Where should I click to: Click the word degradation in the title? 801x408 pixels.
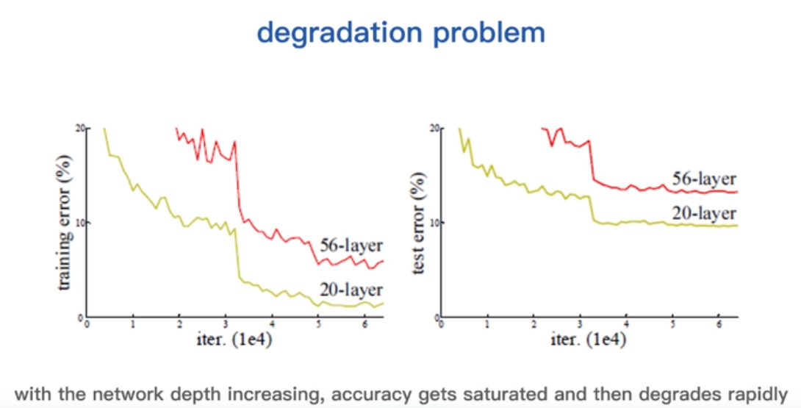tap(344, 33)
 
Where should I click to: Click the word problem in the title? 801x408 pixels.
tap(492, 33)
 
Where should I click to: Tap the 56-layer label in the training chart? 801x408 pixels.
tap(351, 244)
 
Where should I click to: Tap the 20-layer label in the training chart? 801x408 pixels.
tap(351, 288)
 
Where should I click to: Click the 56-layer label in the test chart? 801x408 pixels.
tap(704, 178)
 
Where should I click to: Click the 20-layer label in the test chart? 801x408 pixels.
tap(704, 213)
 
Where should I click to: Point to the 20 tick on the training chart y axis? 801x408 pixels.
tap(80, 128)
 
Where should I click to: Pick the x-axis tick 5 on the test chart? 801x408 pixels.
tap(671, 324)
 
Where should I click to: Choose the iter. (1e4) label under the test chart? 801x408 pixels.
tap(589, 339)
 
